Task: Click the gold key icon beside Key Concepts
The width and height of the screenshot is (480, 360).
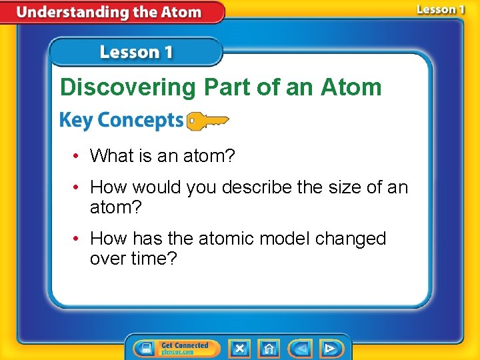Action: click(x=207, y=120)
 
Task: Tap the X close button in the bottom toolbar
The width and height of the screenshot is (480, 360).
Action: click(x=239, y=348)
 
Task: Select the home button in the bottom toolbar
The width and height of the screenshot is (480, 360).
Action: click(x=269, y=348)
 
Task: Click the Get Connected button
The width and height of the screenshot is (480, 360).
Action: click(x=177, y=348)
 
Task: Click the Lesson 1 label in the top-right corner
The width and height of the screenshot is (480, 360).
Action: click(x=441, y=9)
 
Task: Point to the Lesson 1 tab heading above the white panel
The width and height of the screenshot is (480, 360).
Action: click(x=136, y=52)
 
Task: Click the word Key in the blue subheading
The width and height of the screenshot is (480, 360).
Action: click(x=74, y=120)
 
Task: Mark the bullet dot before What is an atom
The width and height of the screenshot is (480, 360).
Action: click(x=77, y=156)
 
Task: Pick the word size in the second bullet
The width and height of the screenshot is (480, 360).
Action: click(x=343, y=187)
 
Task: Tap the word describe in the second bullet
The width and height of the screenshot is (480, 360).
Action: click(x=257, y=187)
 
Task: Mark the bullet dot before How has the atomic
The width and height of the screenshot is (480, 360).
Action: click(x=77, y=239)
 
